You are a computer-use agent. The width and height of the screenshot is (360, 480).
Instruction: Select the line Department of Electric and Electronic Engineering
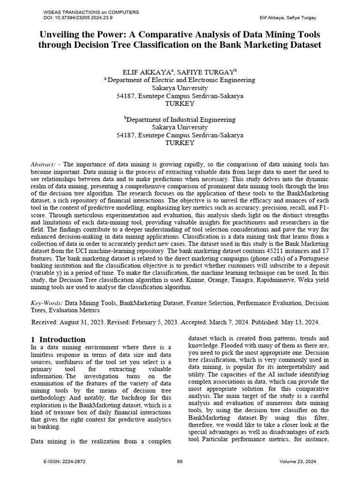[x=181, y=80]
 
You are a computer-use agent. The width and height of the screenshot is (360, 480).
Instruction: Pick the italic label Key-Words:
[x=47, y=303]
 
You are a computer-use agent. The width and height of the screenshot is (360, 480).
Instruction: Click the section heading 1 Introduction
[x=58, y=339]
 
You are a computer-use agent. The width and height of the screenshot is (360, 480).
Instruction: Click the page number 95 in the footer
[x=180, y=462]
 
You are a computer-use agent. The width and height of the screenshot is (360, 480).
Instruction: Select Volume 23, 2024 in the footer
[x=298, y=462]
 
